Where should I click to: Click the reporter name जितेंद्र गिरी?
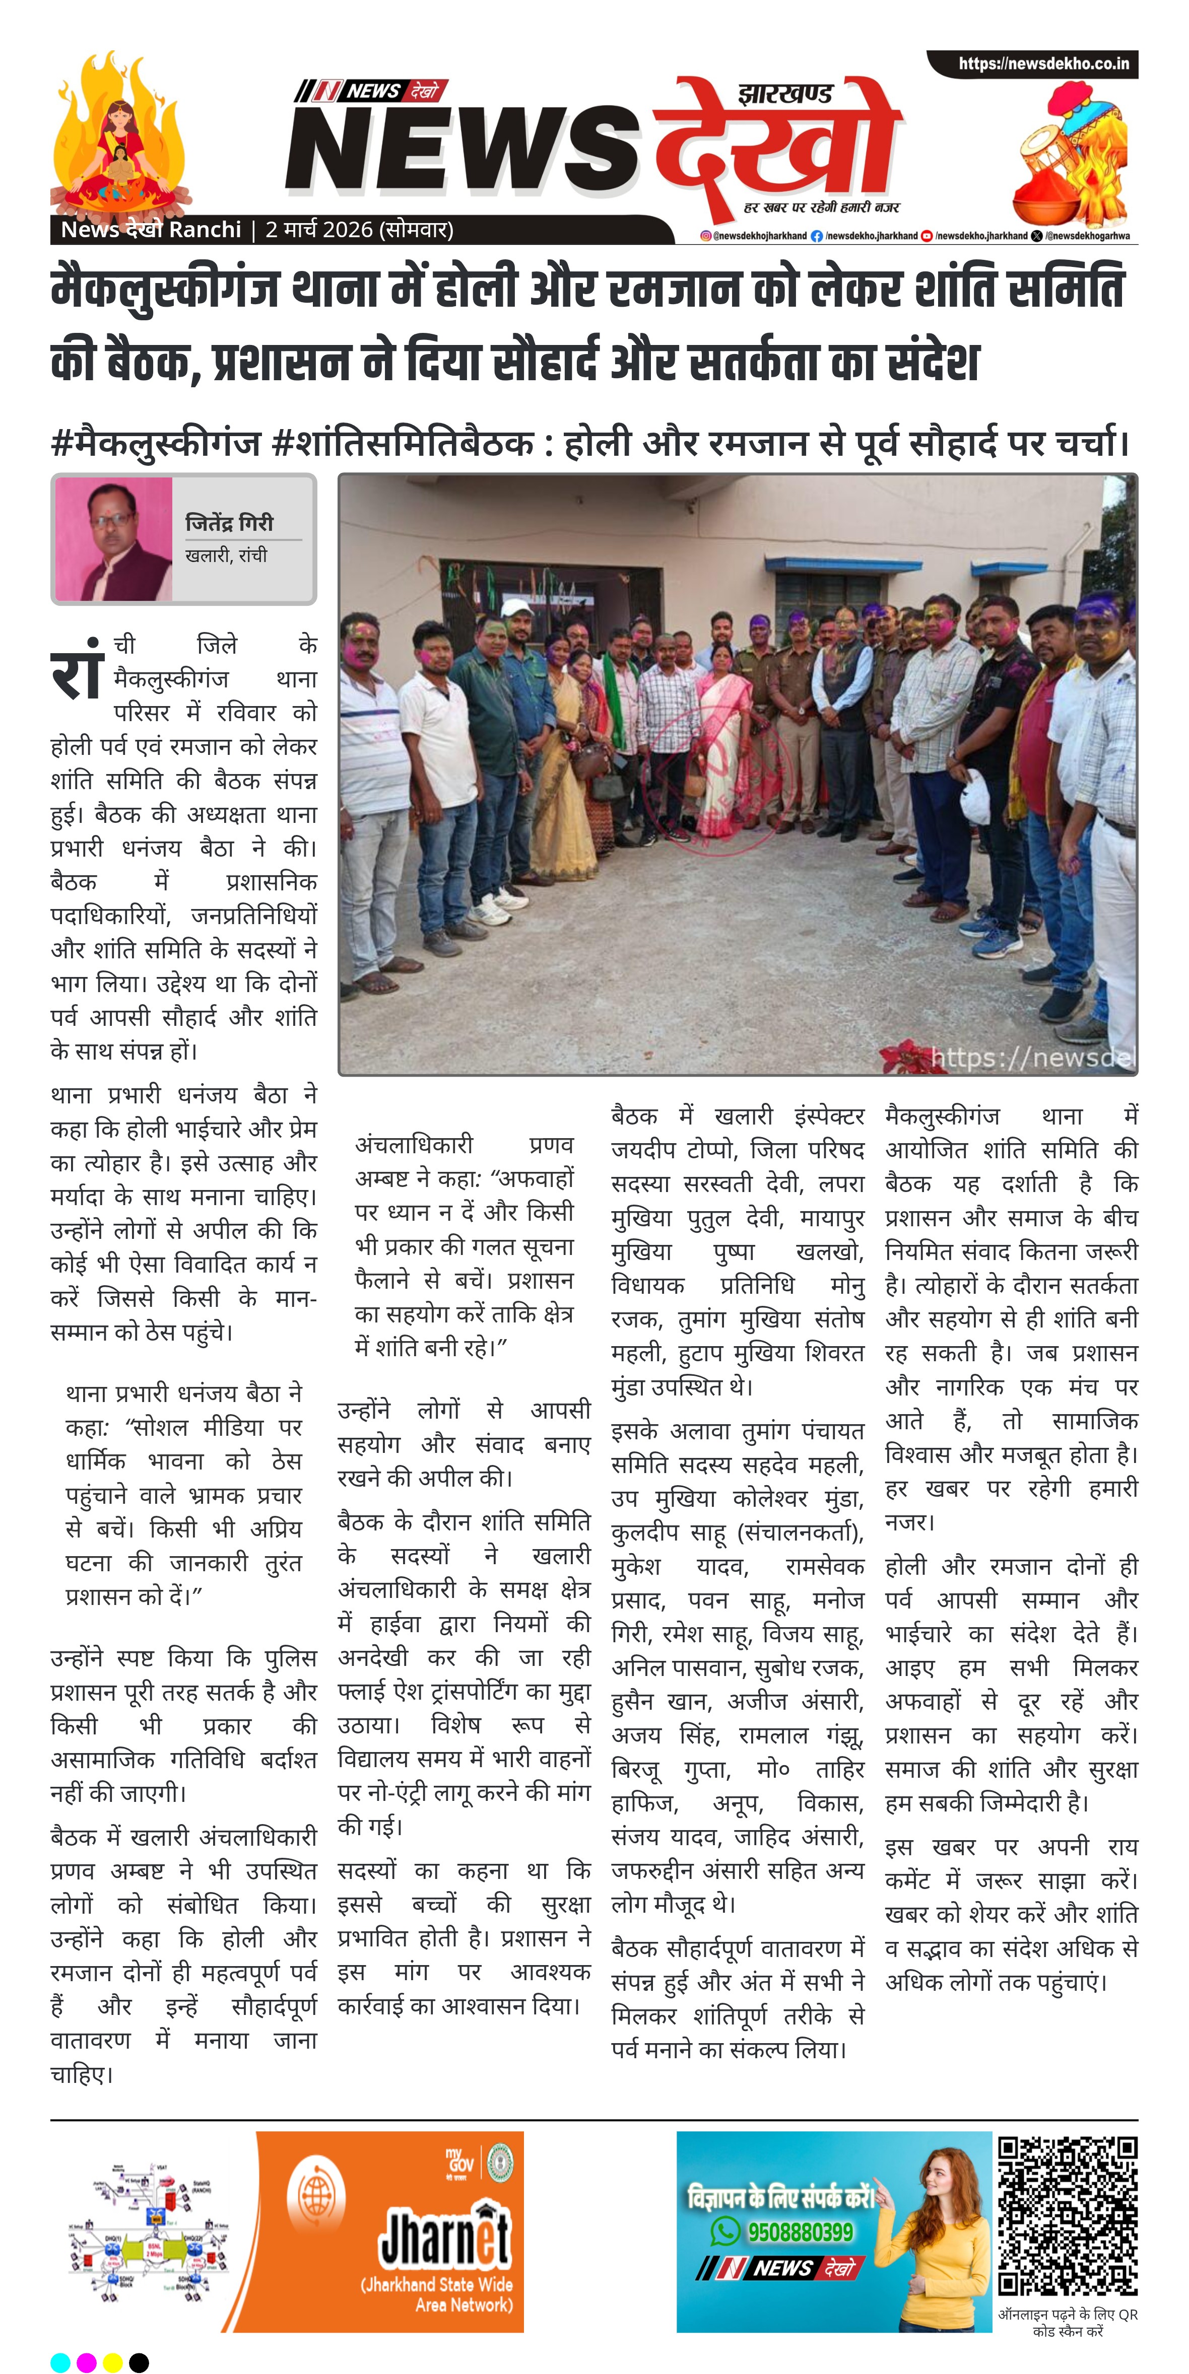[x=230, y=523]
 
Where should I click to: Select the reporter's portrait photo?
[x=113, y=539]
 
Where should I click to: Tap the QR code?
[x=1068, y=2216]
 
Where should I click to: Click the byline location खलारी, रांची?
[x=226, y=555]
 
